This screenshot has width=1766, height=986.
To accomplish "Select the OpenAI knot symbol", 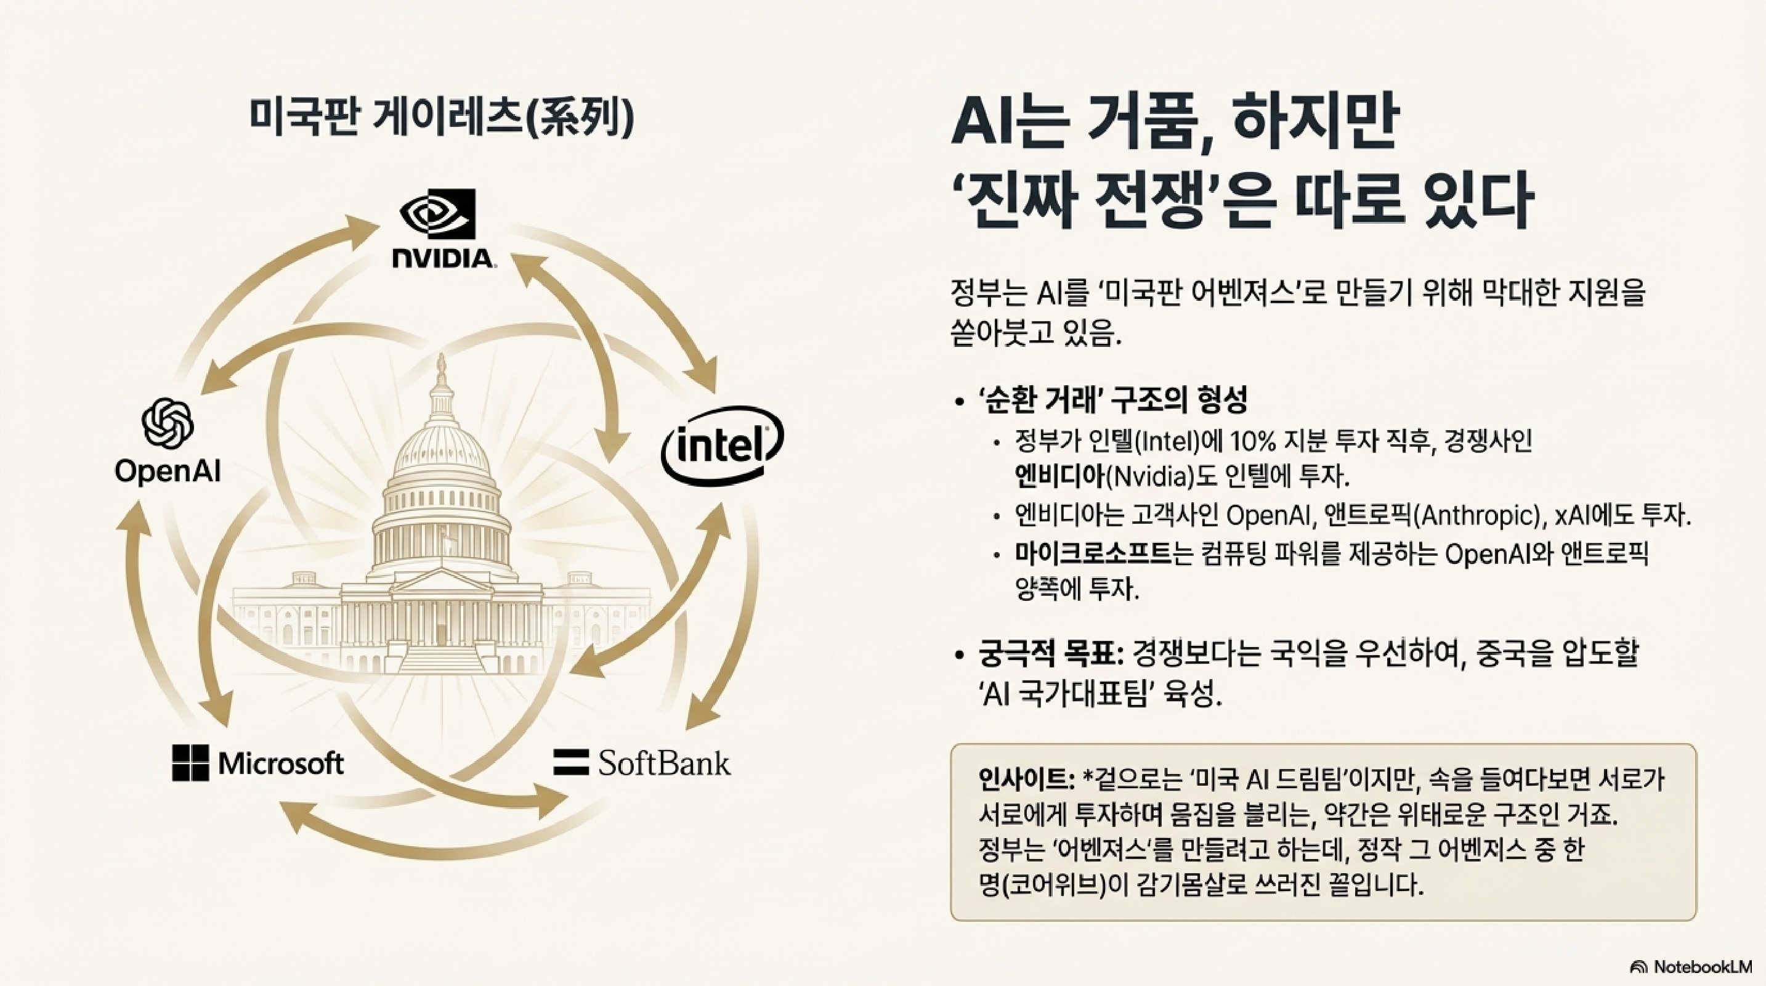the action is (168, 424).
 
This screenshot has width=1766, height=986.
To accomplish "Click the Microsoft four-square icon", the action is (190, 763).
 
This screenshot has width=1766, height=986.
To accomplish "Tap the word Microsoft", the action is (281, 763).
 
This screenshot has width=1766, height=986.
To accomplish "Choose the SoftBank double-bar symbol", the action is (570, 762).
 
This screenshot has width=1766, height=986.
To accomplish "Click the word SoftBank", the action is (663, 762).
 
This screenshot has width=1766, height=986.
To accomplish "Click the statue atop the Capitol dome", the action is (441, 367).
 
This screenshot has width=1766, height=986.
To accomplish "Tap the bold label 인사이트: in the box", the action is (1026, 779).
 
